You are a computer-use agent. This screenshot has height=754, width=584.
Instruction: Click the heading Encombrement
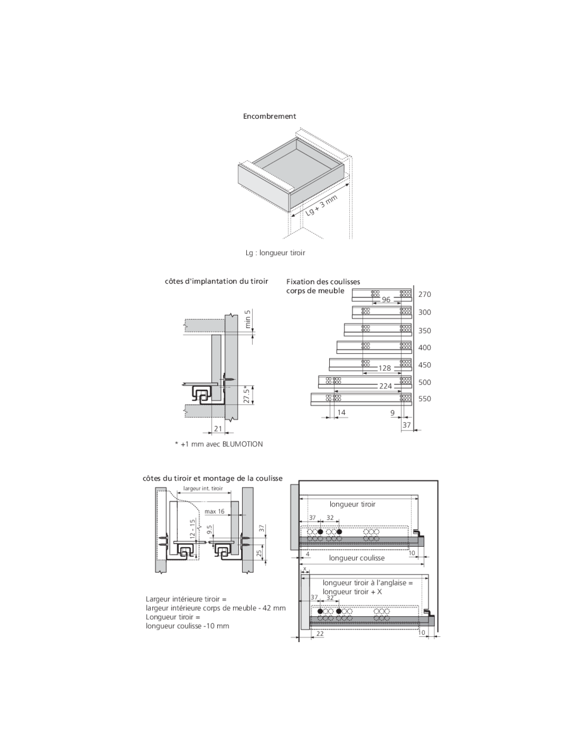point(269,116)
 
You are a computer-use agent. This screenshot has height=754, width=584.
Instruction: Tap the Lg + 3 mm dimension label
point(321,205)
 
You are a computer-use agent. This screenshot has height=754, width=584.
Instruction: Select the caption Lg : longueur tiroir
point(275,252)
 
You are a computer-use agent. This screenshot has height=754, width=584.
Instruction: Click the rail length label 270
point(425,295)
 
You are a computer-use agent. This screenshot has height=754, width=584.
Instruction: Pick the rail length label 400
point(425,348)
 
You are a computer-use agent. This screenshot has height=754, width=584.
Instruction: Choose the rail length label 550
point(425,399)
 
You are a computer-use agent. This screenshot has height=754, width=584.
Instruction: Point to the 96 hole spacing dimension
point(386,300)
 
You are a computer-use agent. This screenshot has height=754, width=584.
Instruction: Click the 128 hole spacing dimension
point(384,368)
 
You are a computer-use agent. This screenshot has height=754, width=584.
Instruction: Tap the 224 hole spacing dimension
point(385,386)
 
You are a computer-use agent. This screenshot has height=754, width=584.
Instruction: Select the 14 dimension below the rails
point(341,413)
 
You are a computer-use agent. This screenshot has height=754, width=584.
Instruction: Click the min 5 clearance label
point(248,319)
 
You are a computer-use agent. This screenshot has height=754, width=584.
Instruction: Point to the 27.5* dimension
point(246,394)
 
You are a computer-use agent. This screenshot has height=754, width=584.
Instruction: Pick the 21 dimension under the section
point(218,429)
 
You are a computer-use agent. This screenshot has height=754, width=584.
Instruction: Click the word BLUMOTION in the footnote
point(243,444)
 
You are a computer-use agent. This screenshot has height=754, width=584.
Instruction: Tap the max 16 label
point(214,512)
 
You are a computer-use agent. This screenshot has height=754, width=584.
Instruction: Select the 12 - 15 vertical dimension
point(193,529)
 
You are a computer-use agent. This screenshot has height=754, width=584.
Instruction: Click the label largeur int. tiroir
point(203,488)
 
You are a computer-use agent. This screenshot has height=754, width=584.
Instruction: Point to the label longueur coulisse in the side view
point(357,558)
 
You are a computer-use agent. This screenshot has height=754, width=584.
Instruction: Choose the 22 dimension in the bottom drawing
point(320,634)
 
